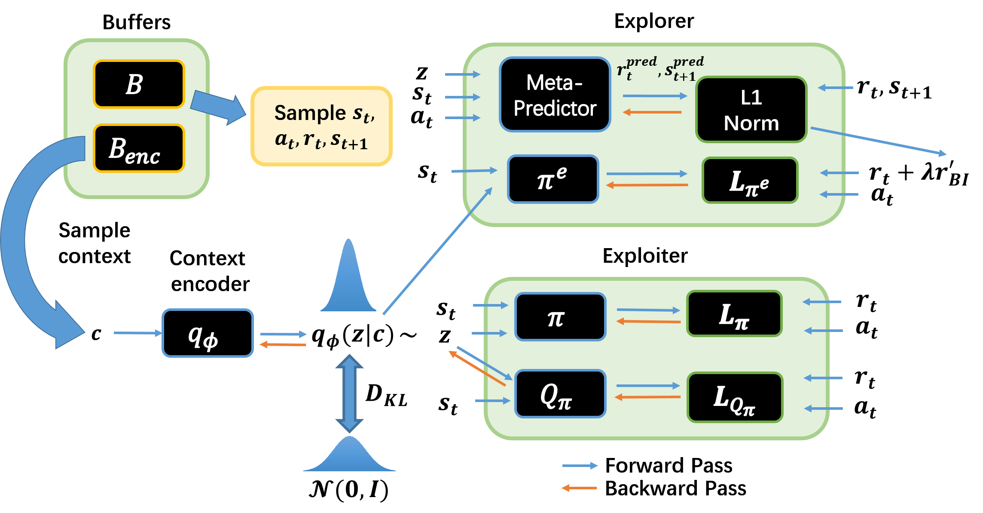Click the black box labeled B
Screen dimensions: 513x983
139,84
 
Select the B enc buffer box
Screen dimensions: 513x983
139,148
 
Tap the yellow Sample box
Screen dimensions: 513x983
321,126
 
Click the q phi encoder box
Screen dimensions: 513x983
208,333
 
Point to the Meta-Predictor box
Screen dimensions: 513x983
555,95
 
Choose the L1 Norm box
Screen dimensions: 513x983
751,110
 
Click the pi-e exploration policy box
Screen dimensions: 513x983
553,179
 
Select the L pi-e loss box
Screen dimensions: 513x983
750,181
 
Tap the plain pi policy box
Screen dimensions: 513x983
560,317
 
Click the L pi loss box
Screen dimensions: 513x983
734,314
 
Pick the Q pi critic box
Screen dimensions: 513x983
560,394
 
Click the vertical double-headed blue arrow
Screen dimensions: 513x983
349,393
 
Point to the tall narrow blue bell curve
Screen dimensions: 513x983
348,280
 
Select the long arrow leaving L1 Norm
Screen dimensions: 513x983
876,141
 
